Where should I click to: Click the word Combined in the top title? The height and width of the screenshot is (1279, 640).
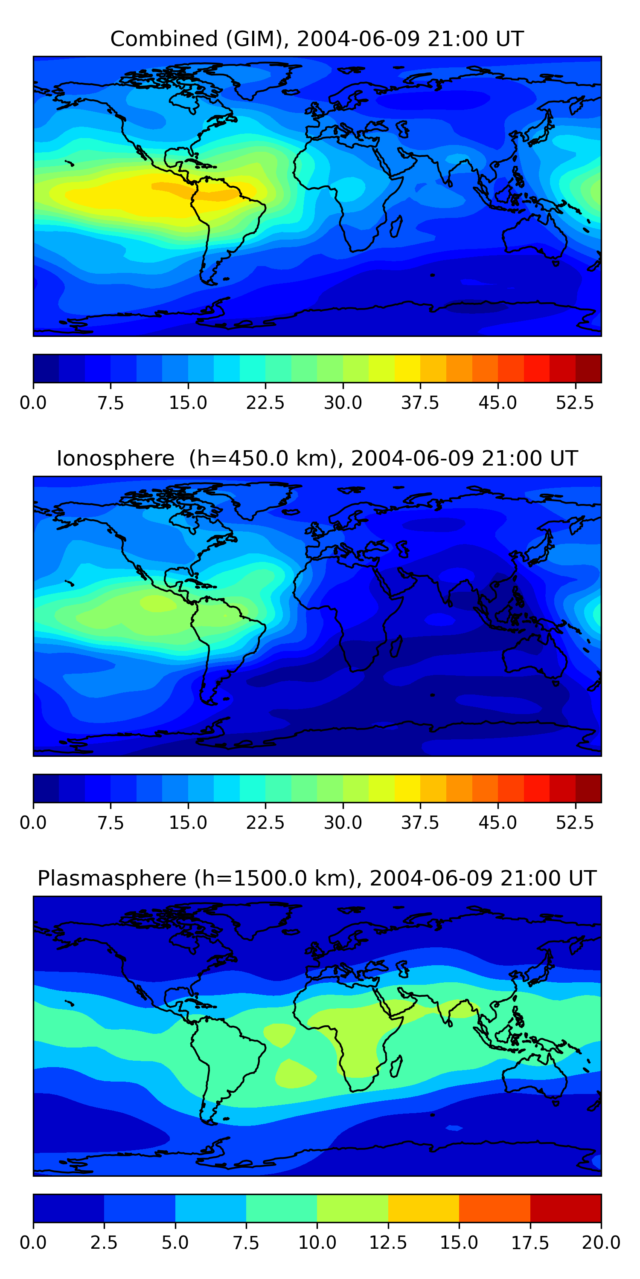(164, 39)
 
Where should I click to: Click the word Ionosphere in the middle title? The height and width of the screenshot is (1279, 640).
(115, 458)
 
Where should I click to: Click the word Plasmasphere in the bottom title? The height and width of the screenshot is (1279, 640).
(112, 878)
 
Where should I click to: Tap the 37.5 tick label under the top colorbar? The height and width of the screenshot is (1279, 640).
(420, 402)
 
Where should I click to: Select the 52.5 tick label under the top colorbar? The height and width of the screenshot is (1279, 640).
(575, 402)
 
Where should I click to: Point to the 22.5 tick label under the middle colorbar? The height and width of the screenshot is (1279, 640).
(265, 823)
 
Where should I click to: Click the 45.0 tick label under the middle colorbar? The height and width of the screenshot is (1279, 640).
(498, 823)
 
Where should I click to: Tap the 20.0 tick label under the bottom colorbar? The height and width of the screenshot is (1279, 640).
(601, 1243)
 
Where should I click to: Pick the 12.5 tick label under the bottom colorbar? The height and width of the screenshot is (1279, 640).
(388, 1243)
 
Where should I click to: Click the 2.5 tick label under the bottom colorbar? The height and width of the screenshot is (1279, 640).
(105, 1243)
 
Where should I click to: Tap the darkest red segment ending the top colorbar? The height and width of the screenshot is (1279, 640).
(588, 368)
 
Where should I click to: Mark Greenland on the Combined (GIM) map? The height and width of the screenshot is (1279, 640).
(261, 79)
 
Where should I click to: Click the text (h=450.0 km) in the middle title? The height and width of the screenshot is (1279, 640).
(266, 458)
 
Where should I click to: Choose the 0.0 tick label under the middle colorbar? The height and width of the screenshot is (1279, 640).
(33, 823)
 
